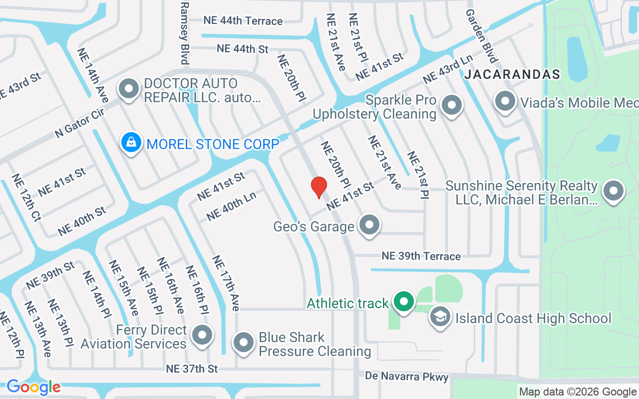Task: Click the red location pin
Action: [319, 188]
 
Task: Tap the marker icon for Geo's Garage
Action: [369, 224]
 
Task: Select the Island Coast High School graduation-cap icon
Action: [440, 317]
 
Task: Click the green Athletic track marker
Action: [403, 301]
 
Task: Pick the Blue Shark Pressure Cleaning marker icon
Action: [244, 343]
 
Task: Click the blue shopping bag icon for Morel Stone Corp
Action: [131, 143]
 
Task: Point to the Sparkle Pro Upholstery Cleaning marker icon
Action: [452, 105]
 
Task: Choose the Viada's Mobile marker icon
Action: [505, 101]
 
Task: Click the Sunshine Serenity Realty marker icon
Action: [614, 191]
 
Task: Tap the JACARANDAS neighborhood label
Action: [512, 75]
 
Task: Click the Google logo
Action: [33, 387]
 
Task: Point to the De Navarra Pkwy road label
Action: [407, 377]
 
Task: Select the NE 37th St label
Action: [192, 369]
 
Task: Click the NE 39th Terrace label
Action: [421, 256]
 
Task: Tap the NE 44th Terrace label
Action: [243, 21]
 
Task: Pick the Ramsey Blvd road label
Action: [185, 32]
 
